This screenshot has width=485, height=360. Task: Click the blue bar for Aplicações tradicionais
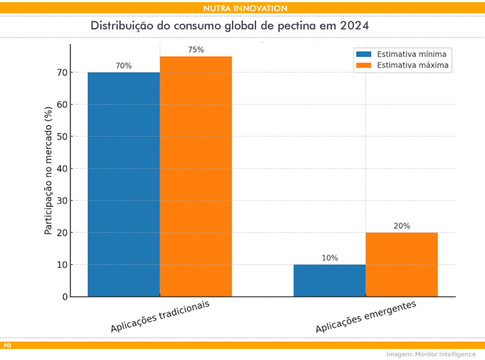[124, 184]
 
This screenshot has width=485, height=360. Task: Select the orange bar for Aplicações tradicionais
[196, 177]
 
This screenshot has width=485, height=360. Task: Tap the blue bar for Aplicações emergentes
[329, 280]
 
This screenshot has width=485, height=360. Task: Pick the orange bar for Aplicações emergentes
[401, 264]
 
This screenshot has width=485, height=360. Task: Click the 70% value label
[124, 66]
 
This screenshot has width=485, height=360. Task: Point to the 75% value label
[196, 49]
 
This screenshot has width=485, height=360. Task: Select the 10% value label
[330, 258]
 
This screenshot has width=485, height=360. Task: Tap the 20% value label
[401, 226]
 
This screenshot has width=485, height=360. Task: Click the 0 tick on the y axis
[64, 297]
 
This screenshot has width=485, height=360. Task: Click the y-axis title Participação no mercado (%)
[48, 171]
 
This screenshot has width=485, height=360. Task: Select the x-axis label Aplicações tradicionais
[160, 316]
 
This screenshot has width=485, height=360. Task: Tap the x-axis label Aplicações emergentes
[366, 316]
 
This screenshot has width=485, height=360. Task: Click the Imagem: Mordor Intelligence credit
[431, 354]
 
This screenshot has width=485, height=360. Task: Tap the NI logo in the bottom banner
[7, 345]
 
